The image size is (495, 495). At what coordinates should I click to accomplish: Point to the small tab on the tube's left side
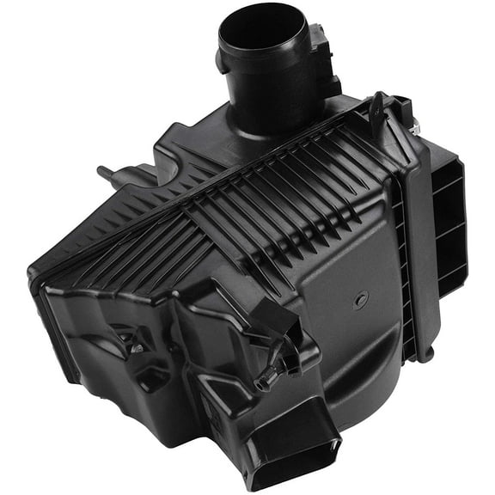222,64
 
